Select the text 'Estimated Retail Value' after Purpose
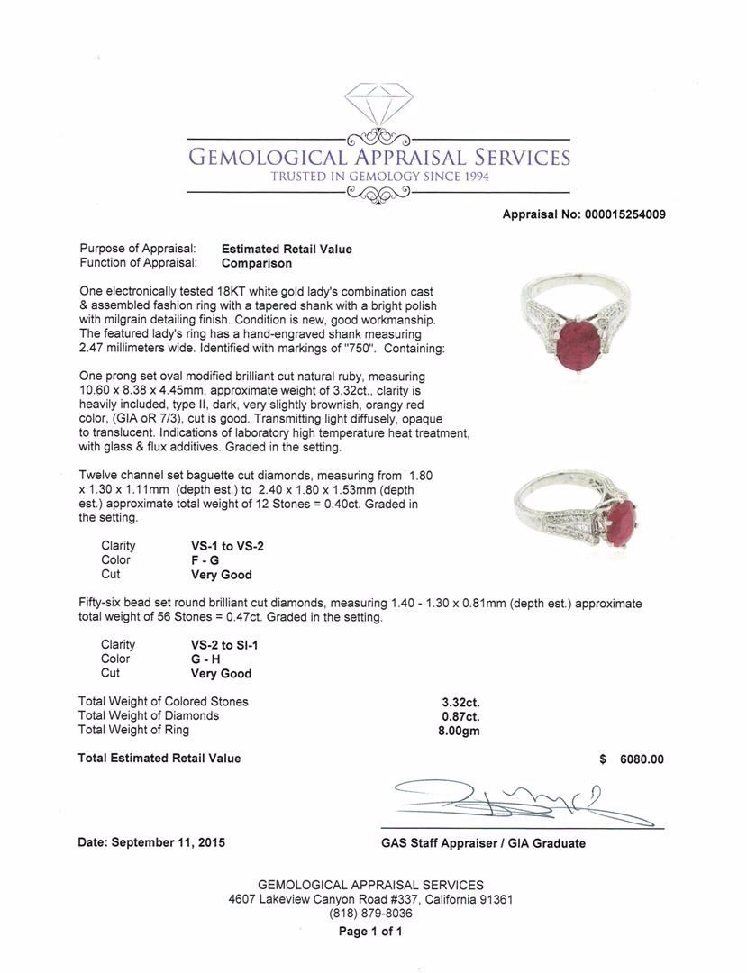point(287,249)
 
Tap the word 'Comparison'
point(257,263)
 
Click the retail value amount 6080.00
point(641,759)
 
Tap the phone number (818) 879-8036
point(370,914)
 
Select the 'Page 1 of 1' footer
point(370,932)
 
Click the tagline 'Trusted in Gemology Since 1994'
point(379,177)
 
